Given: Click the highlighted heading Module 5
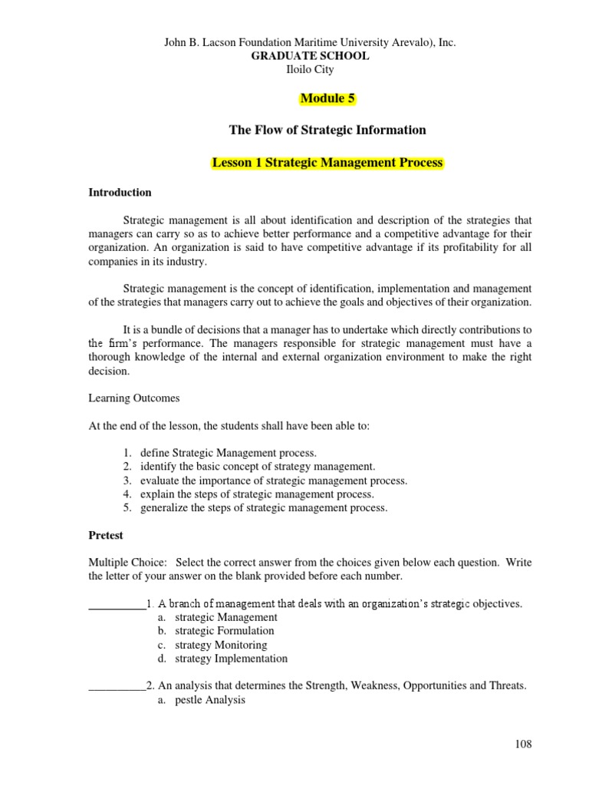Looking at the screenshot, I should (328, 98).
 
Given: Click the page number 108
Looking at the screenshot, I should (523, 744).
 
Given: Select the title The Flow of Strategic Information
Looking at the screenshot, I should (327, 130).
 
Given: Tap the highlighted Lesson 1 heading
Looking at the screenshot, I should (327, 163).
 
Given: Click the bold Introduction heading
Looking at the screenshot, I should (120, 193).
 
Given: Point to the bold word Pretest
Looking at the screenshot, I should (107, 535).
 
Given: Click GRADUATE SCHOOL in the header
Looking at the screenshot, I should (311, 56).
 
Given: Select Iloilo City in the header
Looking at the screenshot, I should (311, 69).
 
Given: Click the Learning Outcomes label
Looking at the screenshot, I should (134, 398).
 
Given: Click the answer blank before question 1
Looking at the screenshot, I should (117, 604).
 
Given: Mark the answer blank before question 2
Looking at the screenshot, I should (117, 686).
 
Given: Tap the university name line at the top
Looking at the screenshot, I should (311, 43).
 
